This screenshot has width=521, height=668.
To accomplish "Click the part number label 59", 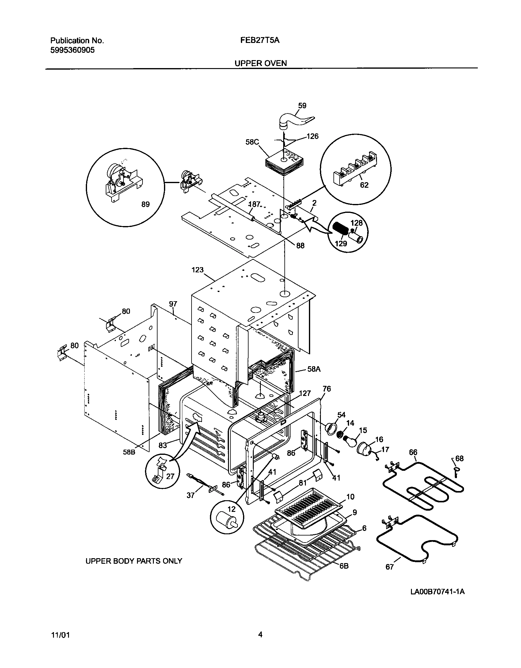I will pos(302,106).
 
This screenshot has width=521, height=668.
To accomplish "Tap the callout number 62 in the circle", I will pos(364,185).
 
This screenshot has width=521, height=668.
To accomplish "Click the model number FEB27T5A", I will pos(260,40).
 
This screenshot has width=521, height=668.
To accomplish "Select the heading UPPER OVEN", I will pos(261,63).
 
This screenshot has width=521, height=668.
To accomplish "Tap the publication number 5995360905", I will pos(72,50).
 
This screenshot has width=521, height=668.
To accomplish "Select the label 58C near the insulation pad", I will pos(252,142).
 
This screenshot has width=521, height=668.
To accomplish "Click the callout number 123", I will pos(198,270).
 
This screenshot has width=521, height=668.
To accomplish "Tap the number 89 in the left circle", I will pos(145,204).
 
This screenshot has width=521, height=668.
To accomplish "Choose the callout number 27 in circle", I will pos(170,476).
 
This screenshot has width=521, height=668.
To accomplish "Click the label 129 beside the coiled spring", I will pos(341,244).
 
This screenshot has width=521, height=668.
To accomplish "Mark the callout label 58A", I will pos(314,369).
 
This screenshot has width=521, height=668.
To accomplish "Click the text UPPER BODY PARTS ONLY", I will pos(134,561).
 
